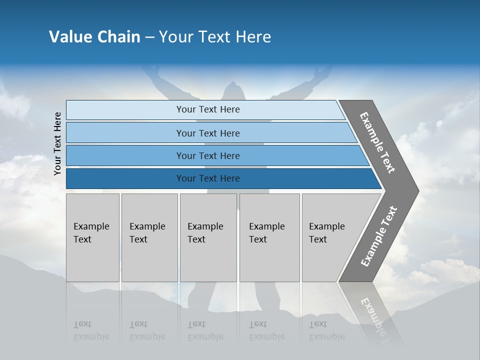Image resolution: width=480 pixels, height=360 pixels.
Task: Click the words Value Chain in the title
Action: (94, 37)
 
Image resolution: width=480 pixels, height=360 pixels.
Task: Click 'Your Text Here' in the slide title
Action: (215, 37)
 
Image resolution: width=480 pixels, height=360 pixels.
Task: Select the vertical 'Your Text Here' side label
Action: (57, 144)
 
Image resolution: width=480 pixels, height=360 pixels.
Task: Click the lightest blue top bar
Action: (207, 109)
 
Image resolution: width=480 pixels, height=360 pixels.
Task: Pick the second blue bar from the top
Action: (207, 133)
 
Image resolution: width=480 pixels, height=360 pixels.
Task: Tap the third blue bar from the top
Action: (207, 155)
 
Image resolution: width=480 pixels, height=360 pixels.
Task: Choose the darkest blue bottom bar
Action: (207, 178)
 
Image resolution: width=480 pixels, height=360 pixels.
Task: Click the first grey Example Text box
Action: (92, 237)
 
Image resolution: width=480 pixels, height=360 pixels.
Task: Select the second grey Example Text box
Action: (149, 237)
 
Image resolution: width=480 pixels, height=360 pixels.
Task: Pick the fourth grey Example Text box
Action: (269, 237)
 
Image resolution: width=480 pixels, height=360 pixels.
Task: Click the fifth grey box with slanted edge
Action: (330, 237)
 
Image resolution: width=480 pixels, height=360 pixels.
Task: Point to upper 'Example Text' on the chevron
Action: (377, 142)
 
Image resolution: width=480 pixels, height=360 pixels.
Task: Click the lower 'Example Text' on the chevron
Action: (378, 236)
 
